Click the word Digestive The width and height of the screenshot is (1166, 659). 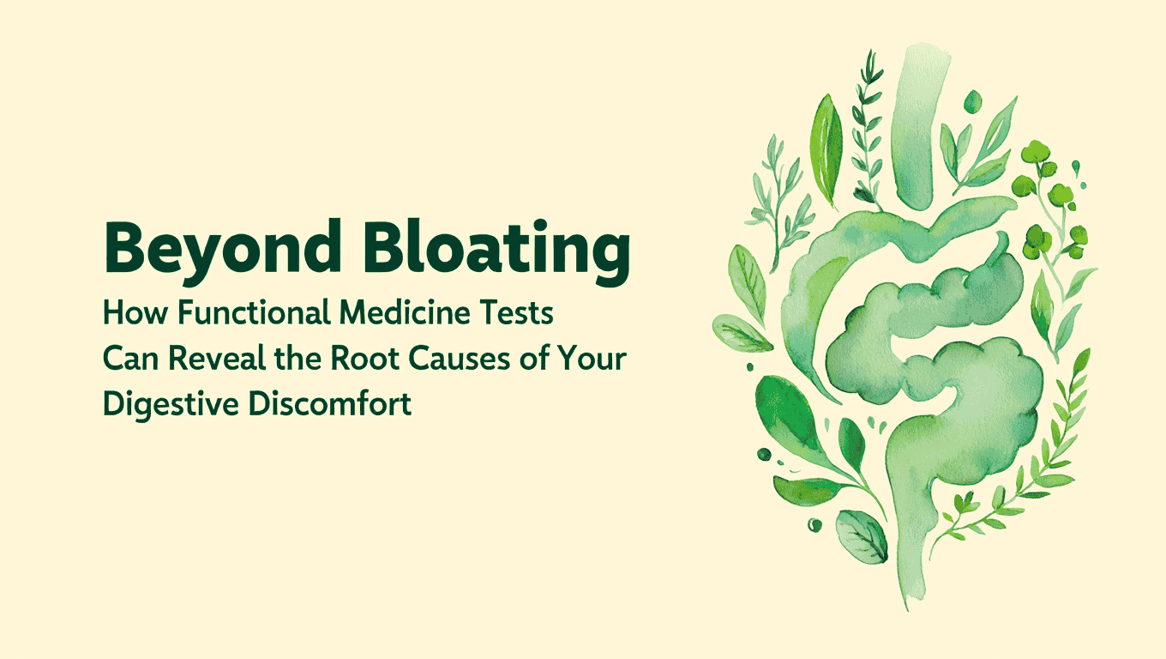(170, 404)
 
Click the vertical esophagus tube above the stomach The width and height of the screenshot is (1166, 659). (916, 129)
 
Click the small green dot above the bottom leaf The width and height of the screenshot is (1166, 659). (814, 524)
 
